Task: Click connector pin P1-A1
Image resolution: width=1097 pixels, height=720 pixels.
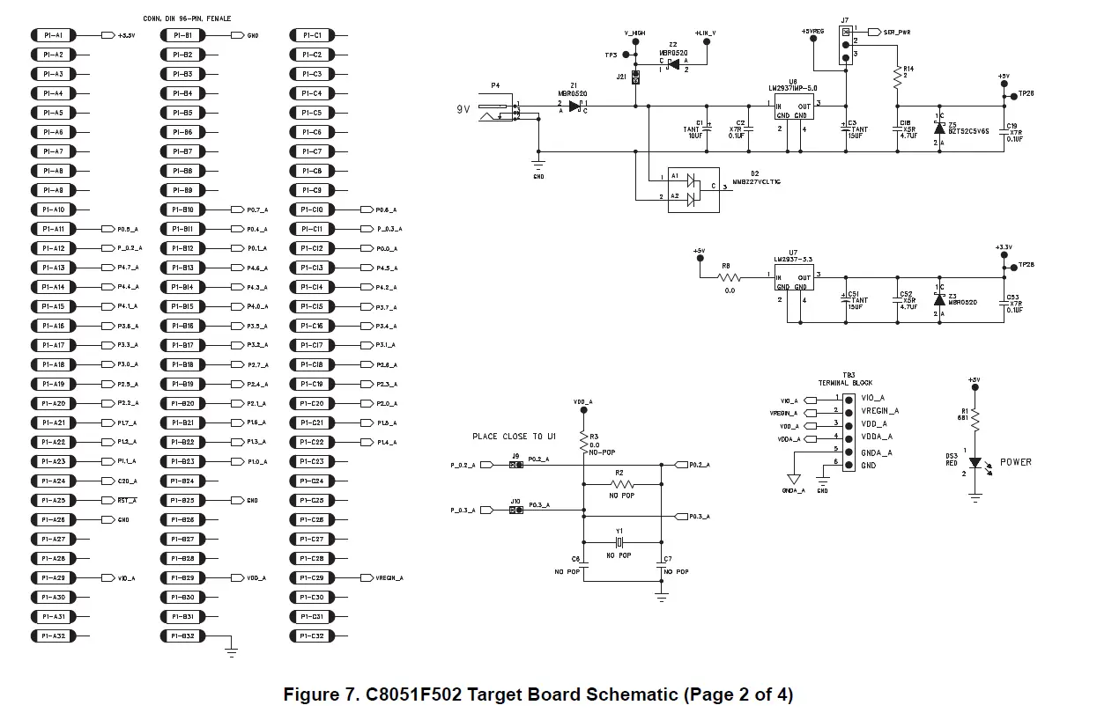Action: [x=54, y=35]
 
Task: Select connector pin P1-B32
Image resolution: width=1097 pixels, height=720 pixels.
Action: [x=182, y=636]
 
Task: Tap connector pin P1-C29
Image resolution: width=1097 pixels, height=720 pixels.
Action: [x=312, y=577]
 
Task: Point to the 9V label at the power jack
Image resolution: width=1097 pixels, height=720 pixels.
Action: [x=463, y=109]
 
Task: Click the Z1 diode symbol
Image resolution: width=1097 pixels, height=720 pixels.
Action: [x=575, y=106]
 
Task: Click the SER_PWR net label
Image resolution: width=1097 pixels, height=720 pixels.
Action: [x=896, y=32]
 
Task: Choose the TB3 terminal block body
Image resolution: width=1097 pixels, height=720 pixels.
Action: [x=848, y=431]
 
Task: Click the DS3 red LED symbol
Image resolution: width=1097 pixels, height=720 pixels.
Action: [x=975, y=462]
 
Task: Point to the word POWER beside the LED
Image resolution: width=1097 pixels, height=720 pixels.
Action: [x=1015, y=462]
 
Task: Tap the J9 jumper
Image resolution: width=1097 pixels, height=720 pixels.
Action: [x=515, y=465]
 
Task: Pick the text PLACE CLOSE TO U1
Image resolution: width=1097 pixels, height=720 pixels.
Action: [x=514, y=437]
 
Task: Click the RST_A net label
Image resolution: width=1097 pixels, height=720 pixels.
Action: [x=127, y=500]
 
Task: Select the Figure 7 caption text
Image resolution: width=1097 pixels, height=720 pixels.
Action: [x=537, y=694]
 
